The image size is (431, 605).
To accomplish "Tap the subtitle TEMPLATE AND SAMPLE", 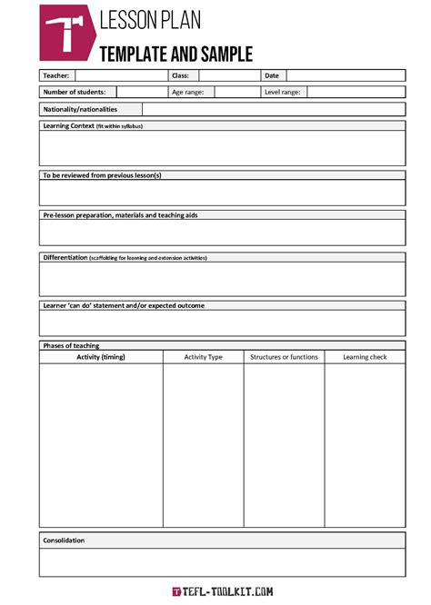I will click(175, 54).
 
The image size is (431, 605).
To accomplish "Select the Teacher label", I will click(56, 75).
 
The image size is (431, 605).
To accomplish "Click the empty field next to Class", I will click(227, 75).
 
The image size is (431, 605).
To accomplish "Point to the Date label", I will click(272, 75).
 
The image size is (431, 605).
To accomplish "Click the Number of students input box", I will click(140, 92).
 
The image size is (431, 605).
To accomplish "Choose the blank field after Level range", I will click(356, 92).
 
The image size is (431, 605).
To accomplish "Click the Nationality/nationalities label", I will click(80, 109).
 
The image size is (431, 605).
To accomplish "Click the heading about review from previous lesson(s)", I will click(102, 174).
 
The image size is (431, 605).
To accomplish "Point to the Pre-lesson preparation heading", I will click(120, 215).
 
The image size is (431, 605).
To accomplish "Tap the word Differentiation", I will click(65, 257).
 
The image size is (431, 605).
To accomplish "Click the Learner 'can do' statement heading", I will click(124, 305).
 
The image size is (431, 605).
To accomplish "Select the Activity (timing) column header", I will click(101, 357).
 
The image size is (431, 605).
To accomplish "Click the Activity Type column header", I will click(203, 357).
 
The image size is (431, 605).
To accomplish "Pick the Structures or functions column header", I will click(284, 357).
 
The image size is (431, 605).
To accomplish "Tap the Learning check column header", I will click(365, 357).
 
